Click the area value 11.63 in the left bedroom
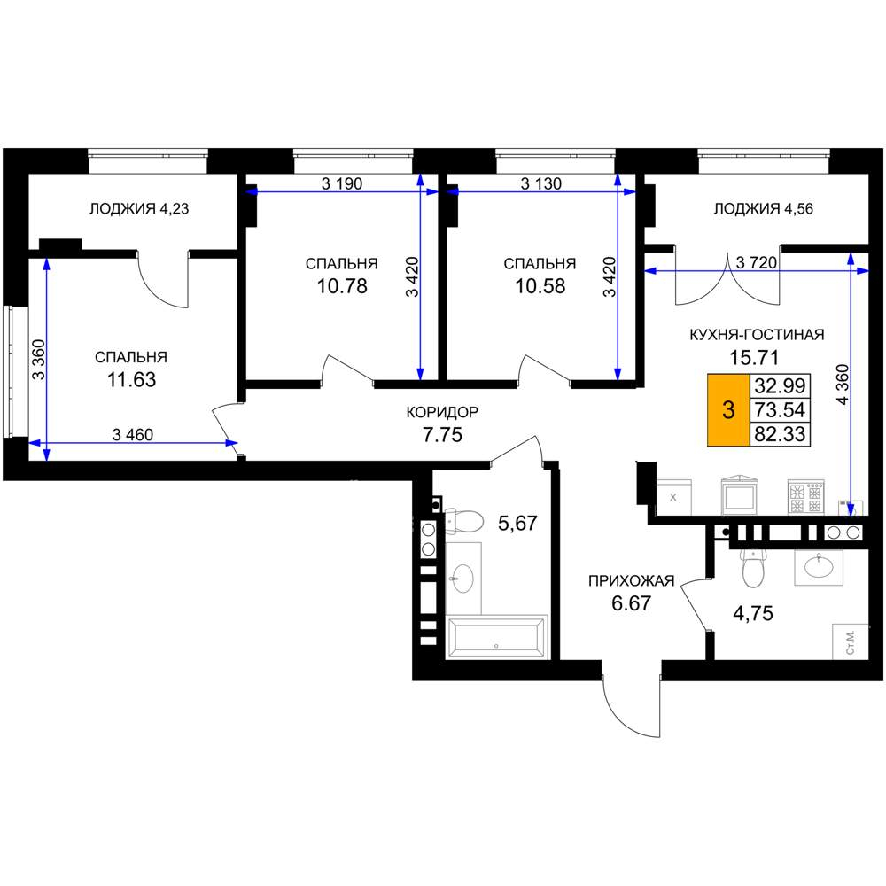click(132, 380)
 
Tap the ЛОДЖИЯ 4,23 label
click(139, 209)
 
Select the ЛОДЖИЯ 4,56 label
click(764, 209)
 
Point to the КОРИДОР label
click(442, 412)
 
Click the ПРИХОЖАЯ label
click(631, 581)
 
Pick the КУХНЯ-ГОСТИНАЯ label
click(757, 335)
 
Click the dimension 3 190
click(342, 183)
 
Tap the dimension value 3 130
click(540, 183)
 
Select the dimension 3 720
click(757, 262)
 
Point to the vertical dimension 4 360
click(842, 385)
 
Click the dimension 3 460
click(133, 434)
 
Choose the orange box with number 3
click(728, 409)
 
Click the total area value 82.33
click(780, 434)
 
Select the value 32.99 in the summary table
click(780, 385)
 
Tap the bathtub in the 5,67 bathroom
click(497, 637)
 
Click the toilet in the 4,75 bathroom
click(752, 568)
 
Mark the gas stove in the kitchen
click(805, 498)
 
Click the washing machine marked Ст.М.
click(851, 641)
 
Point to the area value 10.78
click(342, 286)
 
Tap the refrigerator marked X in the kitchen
click(673, 497)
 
